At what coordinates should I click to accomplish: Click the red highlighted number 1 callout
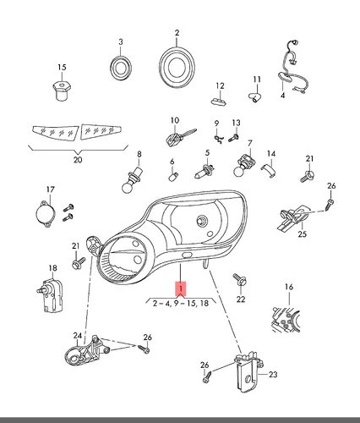point(181,288)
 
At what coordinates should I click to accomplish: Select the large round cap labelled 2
point(177,67)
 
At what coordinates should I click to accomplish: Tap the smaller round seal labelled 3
point(121,67)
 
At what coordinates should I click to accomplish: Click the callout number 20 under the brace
point(78,160)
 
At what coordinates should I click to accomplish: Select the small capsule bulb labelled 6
point(173,177)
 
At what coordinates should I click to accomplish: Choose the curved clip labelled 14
point(269,170)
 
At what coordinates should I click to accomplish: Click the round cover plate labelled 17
point(45,213)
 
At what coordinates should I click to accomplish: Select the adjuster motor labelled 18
point(50,294)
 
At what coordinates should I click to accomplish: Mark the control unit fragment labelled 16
point(286,319)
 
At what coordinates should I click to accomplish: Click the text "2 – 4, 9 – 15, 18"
point(181,304)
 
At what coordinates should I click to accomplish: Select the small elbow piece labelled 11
point(255,97)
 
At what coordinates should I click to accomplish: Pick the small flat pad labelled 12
point(219,101)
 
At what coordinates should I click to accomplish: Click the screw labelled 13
point(233,138)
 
